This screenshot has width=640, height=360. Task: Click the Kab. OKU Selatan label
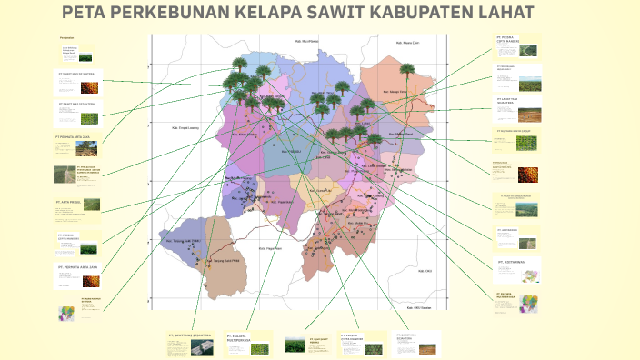tap(420, 306)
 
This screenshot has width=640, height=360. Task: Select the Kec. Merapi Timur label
tap(397, 93)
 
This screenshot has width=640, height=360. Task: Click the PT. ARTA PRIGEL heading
tap(69, 202)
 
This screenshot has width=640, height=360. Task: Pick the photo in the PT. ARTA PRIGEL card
tap(92, 205)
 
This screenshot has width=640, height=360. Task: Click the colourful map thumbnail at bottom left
tap(66, 313)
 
